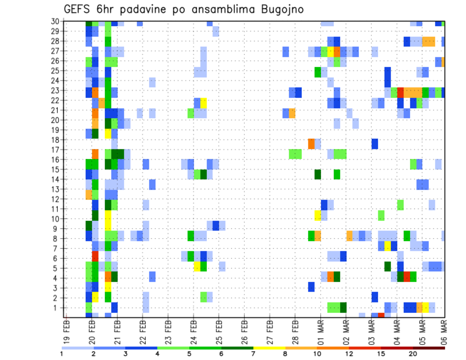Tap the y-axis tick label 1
(57, 308)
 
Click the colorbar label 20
(413, 353)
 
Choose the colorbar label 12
(349, 353)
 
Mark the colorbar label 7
(253, 353)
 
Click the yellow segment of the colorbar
(269, 347)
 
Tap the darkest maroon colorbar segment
(429, 347)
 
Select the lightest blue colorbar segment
(78, 347)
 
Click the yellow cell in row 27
(330, 51)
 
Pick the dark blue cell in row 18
(375, 144)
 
